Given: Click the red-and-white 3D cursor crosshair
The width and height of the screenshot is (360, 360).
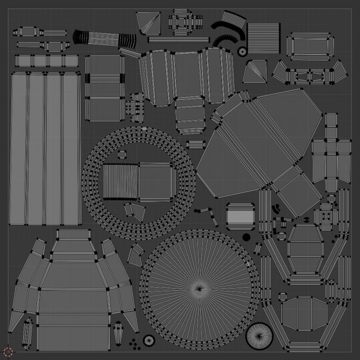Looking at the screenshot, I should pos(8,351).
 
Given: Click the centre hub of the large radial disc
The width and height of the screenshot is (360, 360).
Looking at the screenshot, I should pos(199,289).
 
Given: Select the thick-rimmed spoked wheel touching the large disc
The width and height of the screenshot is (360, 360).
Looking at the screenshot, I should pos(259,336).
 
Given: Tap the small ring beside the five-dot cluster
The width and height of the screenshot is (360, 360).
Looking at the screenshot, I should pos(148,340).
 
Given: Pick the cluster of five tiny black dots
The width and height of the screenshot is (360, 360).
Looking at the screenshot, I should pos(133,343).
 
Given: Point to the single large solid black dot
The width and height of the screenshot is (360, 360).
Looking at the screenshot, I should pos(246,237).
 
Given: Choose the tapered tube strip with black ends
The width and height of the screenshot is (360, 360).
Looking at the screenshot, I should pos(105,38).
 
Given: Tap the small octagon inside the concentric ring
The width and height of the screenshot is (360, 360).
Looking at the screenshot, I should pos(121,154).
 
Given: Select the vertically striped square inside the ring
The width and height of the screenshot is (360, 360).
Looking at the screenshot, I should pos(120,182).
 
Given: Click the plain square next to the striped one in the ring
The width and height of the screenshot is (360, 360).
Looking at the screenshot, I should pos(155,182).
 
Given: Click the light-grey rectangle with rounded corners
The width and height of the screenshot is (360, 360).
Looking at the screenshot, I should pos(241,216).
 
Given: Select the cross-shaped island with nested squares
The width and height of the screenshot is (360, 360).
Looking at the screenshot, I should pos(326,215).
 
